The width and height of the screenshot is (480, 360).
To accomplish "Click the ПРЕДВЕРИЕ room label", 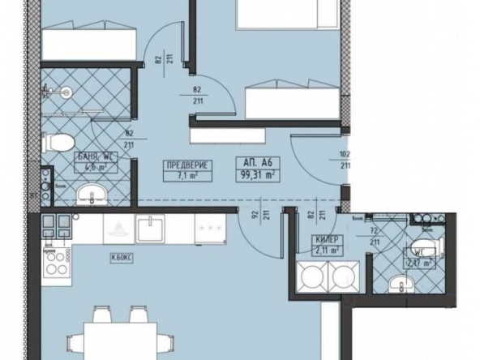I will pyautogui.click(x=188, y=163).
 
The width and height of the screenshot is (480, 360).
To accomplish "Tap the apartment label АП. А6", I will pyautogui.click(x=256, y=161).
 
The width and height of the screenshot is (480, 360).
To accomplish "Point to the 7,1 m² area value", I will pyautogui.click(x=188, y=174).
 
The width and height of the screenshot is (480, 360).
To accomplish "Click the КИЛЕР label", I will pyautogui.click(x=326, y=240).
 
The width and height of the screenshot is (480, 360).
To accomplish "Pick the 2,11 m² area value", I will pyautogui.click(x=326, y=251).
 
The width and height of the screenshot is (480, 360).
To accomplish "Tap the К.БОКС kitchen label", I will pyautogui.click(x=122, y=259).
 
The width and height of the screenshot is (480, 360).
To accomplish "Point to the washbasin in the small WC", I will pyautogui.click(x=397, y=284).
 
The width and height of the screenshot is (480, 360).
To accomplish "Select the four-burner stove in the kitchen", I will pyautogui.click(x=55, y=262).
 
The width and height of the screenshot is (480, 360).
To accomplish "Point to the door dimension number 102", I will pyautogui.click(x=345, y=153).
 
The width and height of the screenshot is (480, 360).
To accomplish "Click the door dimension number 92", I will pyautogui.click(x=254, y=216).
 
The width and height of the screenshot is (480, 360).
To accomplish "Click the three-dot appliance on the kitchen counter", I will pyautogui.click(x=209, y=229).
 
